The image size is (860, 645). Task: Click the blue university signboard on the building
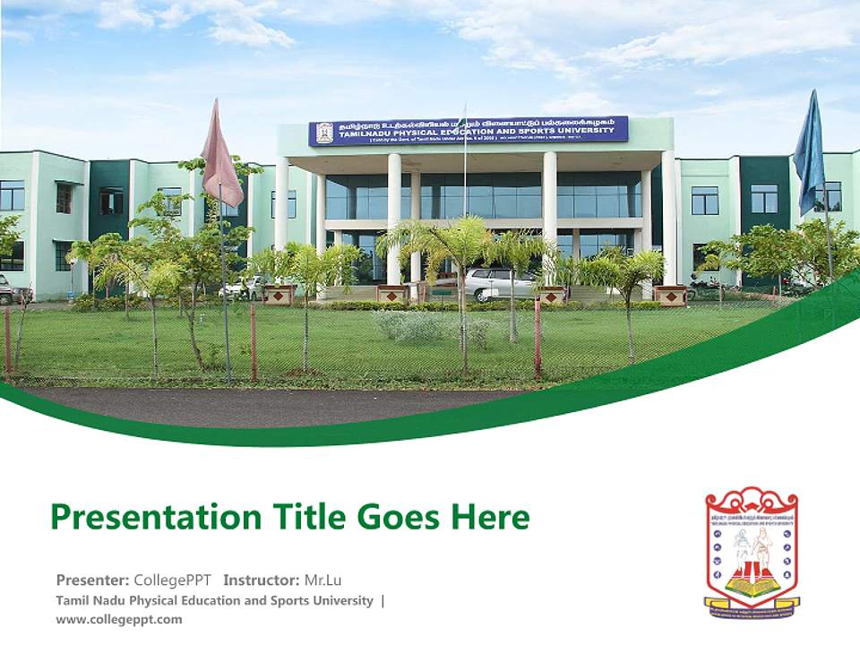pyautogui.click(x=468, y=131)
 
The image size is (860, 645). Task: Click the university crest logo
pyautogui.click(x=751, y=549)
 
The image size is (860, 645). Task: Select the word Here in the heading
pyautogui.click(x=490, y=517)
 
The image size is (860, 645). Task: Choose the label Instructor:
pyautogui.click(x=261, y=579)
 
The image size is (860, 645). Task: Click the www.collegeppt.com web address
pyautogui.click(x=119, y=619)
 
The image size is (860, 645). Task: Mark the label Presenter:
pyautogui.click(x=92, y=579)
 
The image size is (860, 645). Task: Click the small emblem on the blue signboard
pyautogui.click(x=324, y=133)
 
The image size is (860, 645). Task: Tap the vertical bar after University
pyautogui.click(x=383, y=600)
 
